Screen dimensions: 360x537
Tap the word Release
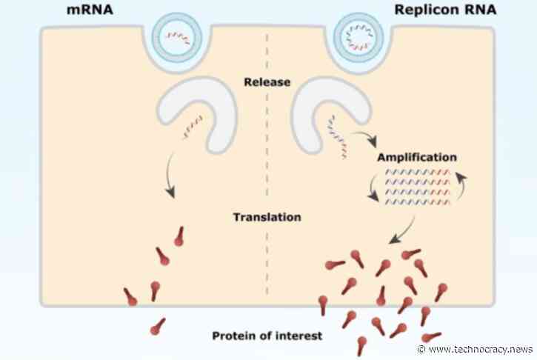point(267,81)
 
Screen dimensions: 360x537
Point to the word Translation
point(267,218)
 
